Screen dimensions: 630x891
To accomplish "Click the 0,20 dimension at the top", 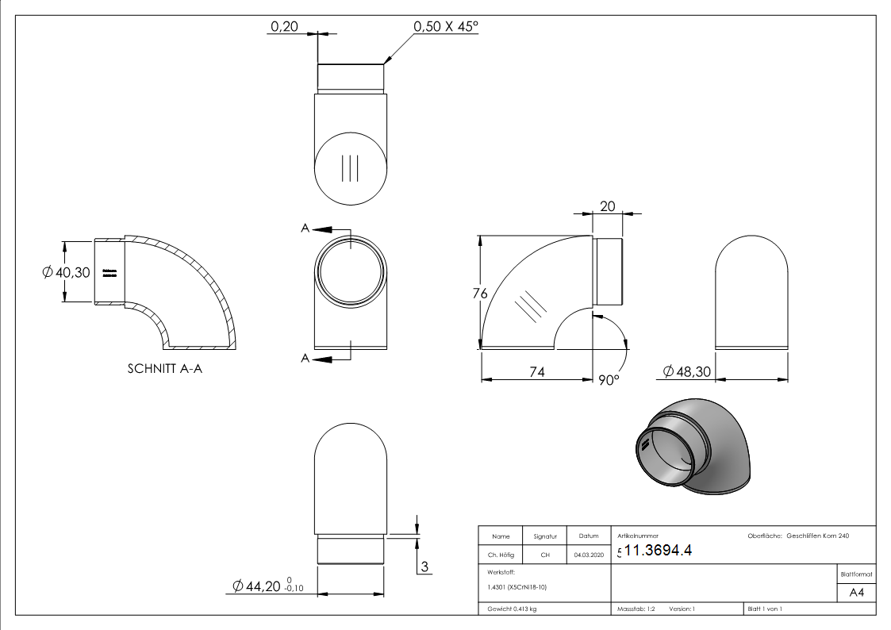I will (284, 26).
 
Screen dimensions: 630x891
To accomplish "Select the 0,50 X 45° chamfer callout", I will (446, 26).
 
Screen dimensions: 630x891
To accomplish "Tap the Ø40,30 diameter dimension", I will (67, 272).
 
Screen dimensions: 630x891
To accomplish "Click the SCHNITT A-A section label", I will (164, 369).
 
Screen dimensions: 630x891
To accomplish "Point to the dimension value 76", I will (479, 293).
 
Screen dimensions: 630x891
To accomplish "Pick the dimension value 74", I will (537, 372).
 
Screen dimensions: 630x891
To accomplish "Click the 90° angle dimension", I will (608, 381).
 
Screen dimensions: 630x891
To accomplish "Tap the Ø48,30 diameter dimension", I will (686, 371).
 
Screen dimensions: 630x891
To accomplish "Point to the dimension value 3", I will (424, 567).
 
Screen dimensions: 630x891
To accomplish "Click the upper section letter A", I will (305, 229).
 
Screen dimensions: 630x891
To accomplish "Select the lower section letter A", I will (305, 359).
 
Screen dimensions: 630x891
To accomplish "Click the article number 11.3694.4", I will (658, 551).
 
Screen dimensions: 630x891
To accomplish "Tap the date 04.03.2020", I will (588, 555).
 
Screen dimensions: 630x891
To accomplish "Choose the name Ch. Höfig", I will (501, 555).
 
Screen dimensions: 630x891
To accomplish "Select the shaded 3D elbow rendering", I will (693, 446).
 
